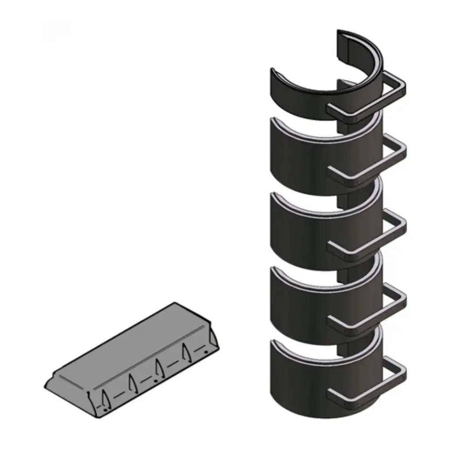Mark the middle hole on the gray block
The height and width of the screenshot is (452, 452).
[x=155, y=380]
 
